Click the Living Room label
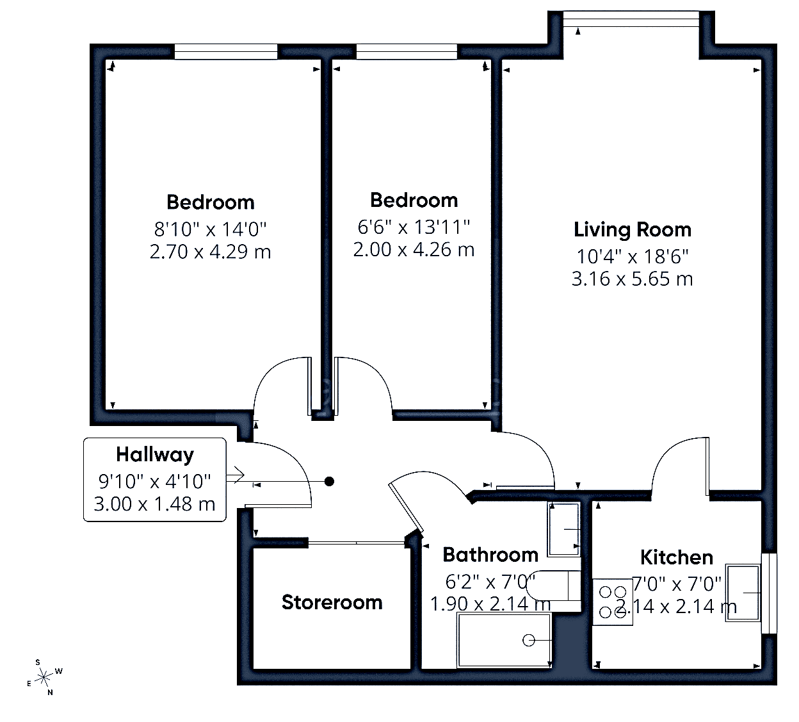click(x=632, y=230)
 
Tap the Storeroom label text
click(x=332, y=602)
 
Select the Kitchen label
click(x=676, y=557)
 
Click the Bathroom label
click(x=490, y=555)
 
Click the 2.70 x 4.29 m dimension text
click(x=210, y=252)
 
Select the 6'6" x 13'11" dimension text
click(x=414, y=227)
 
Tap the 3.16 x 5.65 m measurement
click(x=632, y=279)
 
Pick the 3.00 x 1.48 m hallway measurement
click(x=154, y=504)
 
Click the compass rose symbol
click(x=44, y=677)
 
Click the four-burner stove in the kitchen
click(x=613, y=602)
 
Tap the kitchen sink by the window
click(x=743, y=593)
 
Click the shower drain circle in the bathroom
click(x=529, y=640)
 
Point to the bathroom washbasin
click(x=563, y=529)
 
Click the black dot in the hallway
click(x=329, y=482)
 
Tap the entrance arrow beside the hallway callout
click(x=235, y=475)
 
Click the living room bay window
click(x=631, y=19)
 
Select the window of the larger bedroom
click(x=226, y=52)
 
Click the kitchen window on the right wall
click(x=769, y=593)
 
